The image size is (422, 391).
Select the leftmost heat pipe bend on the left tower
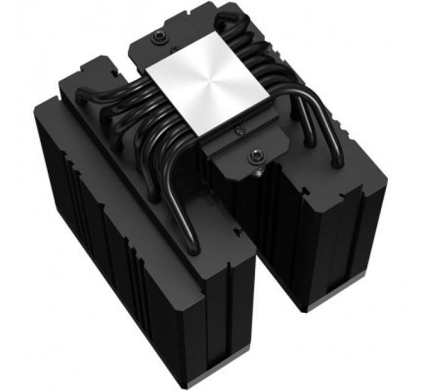point(84,96)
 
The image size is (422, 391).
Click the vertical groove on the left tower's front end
point(227,310)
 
